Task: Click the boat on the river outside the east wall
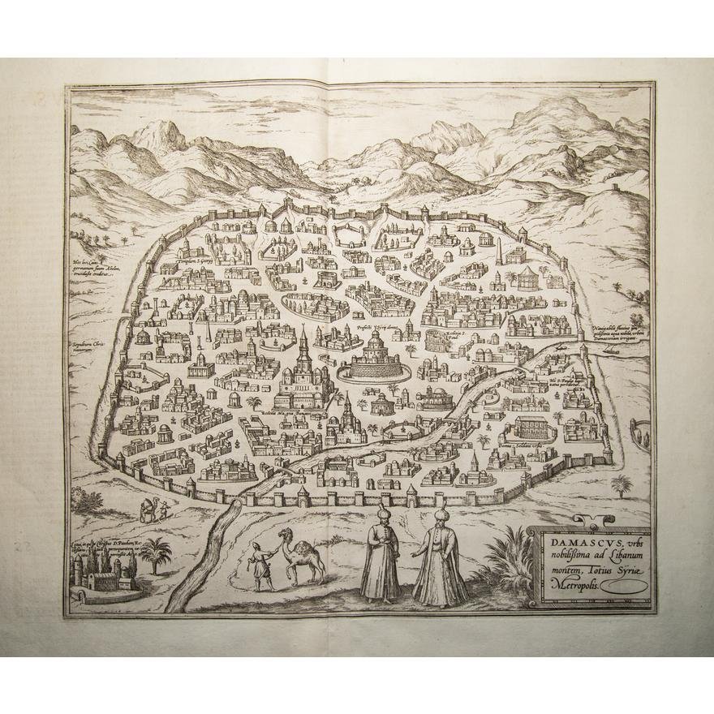[x=561, y=345]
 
